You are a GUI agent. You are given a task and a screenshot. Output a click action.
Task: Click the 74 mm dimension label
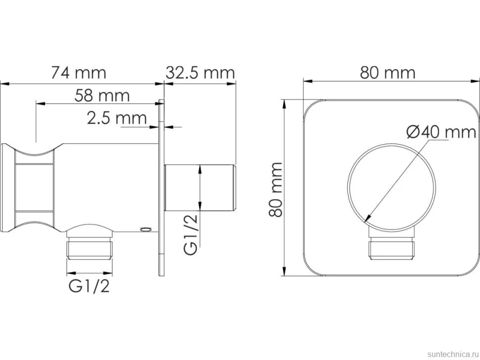click(x=79, y=73)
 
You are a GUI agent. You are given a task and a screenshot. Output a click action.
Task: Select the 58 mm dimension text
click(x=102, y=95)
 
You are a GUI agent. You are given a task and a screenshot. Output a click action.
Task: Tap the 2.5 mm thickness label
click(x=117, y=118)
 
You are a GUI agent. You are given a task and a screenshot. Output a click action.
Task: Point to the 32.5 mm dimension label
click(x=200, y=73)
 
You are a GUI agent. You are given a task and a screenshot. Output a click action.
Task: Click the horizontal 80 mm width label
click(x=387, y=73)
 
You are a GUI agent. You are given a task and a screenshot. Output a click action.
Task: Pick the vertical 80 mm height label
click(x=275, y=189)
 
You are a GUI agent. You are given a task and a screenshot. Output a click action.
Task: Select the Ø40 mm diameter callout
click(x=441, y=132)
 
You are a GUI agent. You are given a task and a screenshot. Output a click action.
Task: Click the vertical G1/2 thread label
click(x=191, y=234)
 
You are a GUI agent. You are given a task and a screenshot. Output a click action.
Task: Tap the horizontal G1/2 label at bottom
click(x=89, y=287)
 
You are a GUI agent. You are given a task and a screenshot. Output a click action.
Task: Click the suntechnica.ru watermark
click(x=452, y=354)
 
